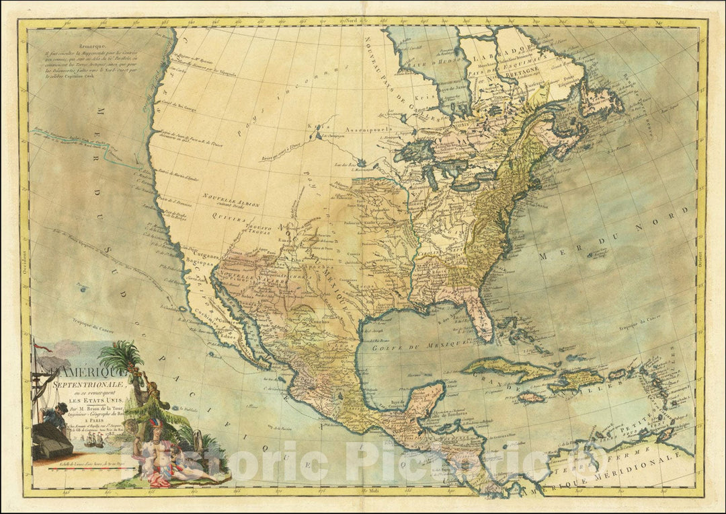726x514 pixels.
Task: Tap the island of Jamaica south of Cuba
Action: (x=531, y=398)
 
